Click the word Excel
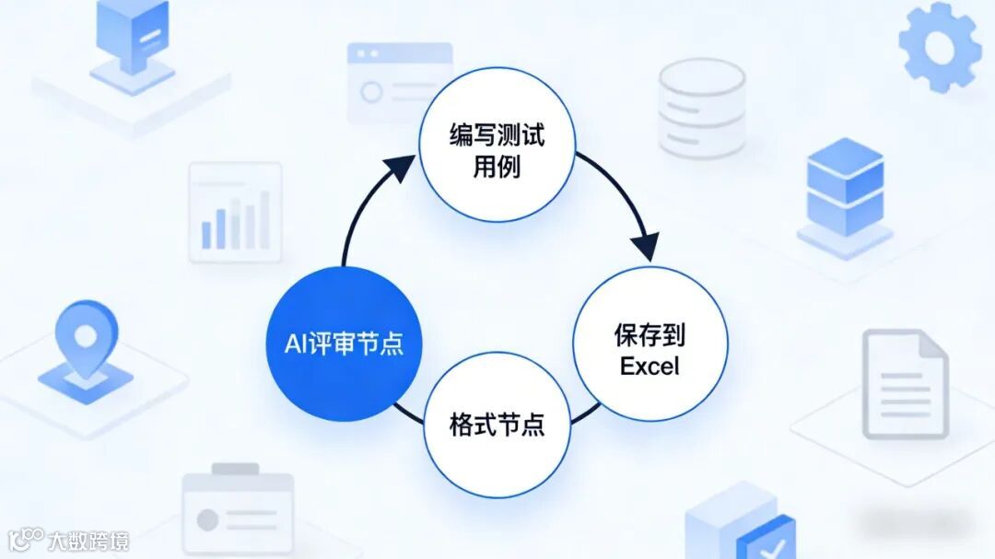point(650,366)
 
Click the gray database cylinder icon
point(701,109)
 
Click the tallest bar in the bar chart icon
point(264,219)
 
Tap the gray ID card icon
point(237,512)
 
